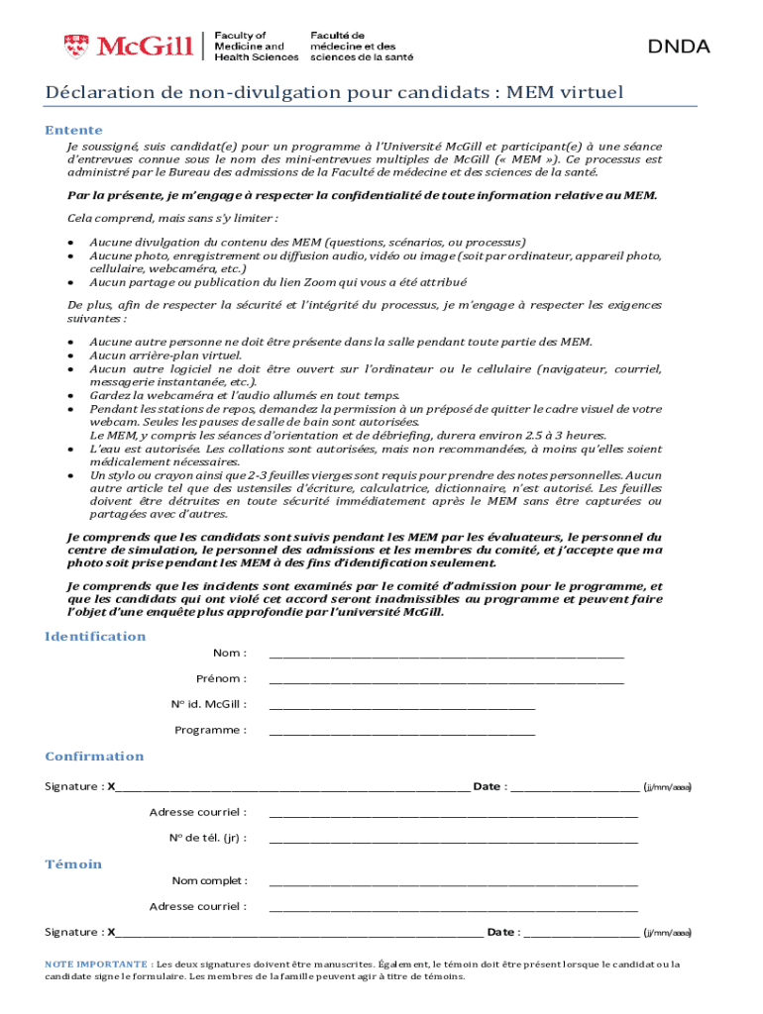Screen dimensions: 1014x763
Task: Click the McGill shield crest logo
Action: (74, 46)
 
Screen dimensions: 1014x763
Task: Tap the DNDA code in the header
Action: (679, 46)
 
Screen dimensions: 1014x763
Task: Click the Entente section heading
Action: (73, 130)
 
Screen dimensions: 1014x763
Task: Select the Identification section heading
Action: (95, 636)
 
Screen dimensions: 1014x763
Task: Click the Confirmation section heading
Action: (94, 757)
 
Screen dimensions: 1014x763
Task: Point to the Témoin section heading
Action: (73, 864)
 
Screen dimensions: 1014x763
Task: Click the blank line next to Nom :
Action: (446, 656)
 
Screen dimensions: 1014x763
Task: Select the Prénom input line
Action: (446, 681)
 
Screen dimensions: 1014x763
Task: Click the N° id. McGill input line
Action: (401, 707)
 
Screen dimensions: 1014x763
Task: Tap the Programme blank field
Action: (401, 733)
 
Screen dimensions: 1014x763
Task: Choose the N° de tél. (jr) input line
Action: (453, 841)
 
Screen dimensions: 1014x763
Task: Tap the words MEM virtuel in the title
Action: (565, 93)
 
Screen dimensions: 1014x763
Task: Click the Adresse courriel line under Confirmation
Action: (453, 815)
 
